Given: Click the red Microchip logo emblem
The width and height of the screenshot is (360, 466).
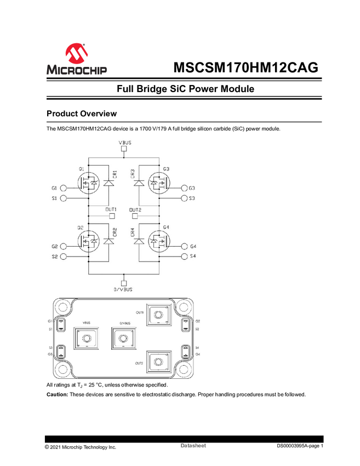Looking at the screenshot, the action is click(76, 53).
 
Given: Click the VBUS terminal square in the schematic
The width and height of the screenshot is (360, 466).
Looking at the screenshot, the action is click(124, 149).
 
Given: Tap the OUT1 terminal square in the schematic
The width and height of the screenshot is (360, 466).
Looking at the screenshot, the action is click(112, 215).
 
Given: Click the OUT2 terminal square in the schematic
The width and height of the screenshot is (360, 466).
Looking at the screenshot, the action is click(135, 215).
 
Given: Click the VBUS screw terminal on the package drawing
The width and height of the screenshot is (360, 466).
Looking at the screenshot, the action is click(87, 340).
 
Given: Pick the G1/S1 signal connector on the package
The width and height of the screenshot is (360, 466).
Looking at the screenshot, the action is click(60, 325).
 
